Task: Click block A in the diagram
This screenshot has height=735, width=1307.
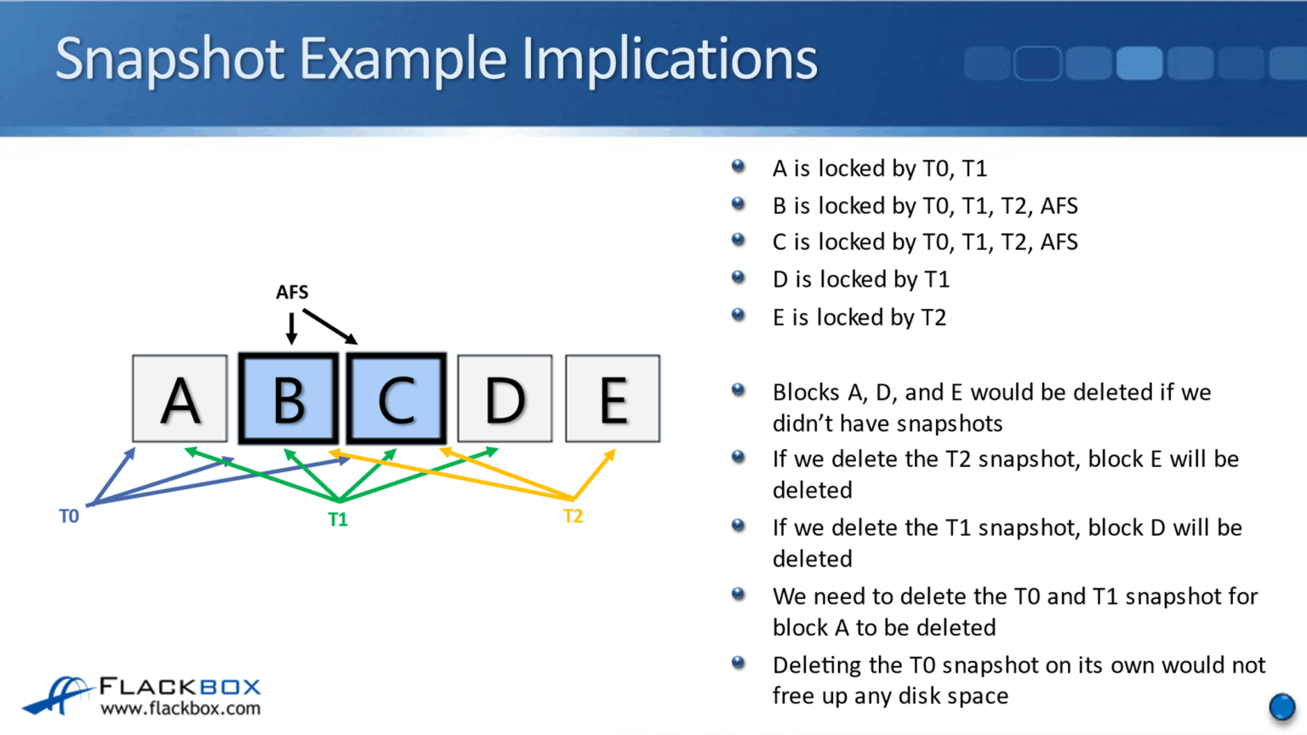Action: pos(180,399)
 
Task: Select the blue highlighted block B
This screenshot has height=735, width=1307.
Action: pos(288,399)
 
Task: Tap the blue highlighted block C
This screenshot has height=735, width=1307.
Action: pos(397,399)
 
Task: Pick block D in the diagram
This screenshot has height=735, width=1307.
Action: pos(505,399)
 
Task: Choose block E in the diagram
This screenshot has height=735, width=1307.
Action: pos(613,399)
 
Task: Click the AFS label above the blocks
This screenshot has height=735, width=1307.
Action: pos(292,293)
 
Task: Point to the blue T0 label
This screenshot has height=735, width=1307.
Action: pos(69,516)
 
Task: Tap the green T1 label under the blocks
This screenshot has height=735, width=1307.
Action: pos(338,520)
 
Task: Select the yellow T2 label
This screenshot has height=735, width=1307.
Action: pos(573,516)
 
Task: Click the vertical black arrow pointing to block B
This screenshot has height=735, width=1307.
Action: pos(292,328)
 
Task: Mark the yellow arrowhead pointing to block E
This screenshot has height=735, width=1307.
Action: pos(609,456)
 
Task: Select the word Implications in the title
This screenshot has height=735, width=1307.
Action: pos(670,60)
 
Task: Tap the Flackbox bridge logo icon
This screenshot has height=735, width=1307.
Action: pos(58,695)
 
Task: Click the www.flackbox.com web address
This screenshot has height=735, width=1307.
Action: pos(180,709)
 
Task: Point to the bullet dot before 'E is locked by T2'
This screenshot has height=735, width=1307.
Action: pos(739,316)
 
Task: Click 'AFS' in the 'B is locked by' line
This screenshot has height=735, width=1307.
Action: pos(1059,206)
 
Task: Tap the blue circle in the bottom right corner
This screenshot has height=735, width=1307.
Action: pos(1281,707)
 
